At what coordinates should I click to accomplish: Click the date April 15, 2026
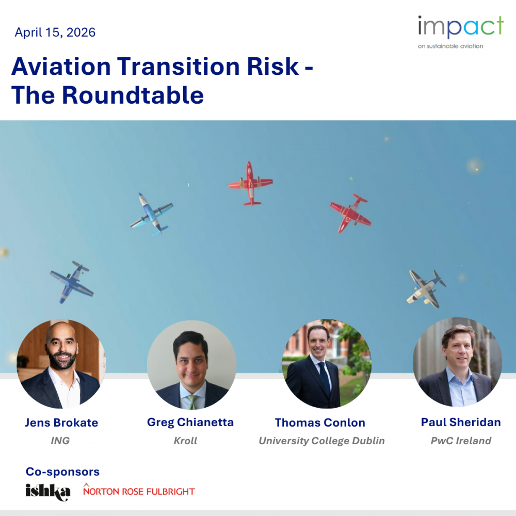(x=55, y=33)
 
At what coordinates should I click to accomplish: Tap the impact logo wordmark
(x=461, y=27)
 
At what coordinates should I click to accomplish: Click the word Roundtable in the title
(x=133, y=95)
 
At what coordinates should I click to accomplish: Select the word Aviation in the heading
(x=61, y=67)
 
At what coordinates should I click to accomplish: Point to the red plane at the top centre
(x=251, y=183)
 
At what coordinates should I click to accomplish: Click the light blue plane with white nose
(x=152, y=214)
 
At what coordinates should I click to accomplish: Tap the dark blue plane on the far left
(x=72, y=282)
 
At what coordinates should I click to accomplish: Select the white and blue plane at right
(x=426, y=289)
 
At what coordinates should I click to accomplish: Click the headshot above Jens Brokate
(x=61, y=364)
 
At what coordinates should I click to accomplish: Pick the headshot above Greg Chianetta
(x=191, y=365)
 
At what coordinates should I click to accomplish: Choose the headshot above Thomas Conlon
(x=327, y=364)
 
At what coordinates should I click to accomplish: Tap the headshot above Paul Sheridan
(x=457, y=362)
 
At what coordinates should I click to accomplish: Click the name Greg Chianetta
(x=190, y=422)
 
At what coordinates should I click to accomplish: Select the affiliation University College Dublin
(x=321, y=441)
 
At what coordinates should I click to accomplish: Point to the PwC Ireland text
(x=461, y=441)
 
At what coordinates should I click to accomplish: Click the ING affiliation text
(x=60, y=441)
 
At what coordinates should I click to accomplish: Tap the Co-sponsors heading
(x=62, y=472)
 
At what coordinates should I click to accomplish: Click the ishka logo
(x=48, y=492)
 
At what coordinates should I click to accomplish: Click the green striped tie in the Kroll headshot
(x=192, y=402)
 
